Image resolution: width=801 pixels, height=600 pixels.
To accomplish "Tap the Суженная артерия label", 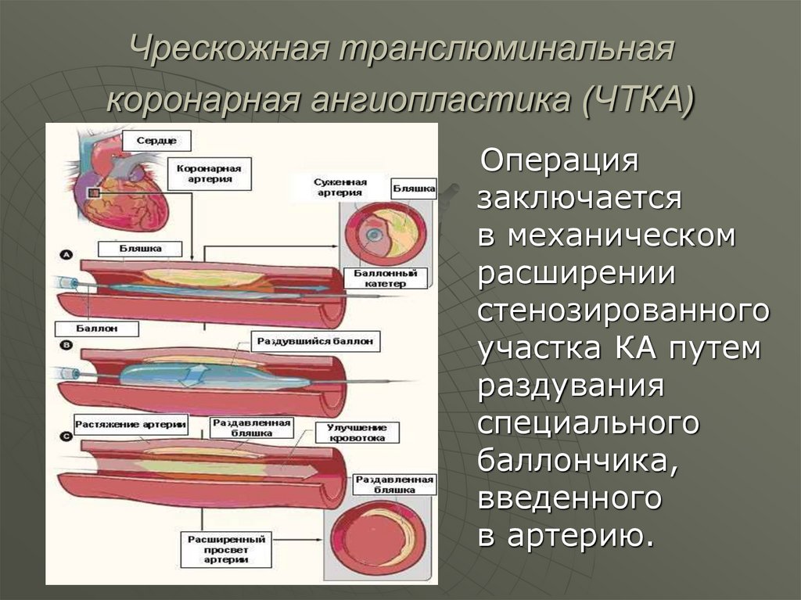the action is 338,187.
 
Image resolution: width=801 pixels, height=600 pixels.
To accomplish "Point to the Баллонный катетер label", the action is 385,279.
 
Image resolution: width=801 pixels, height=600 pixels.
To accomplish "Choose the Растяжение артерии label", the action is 131,425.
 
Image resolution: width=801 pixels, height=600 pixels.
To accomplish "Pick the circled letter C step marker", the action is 66,435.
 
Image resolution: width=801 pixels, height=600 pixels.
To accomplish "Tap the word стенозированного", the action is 623,308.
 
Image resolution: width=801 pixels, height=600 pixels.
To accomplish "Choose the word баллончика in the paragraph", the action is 577,461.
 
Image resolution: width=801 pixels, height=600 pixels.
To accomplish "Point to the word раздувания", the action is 571,385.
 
